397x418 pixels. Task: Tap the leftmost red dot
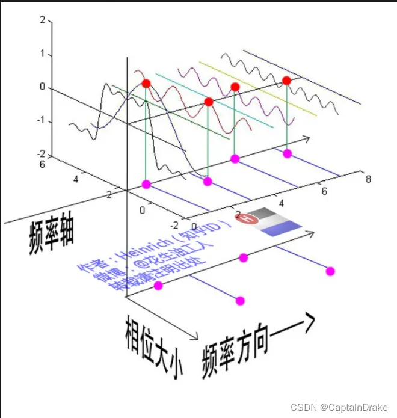pyautogui.click(x=146, y=83)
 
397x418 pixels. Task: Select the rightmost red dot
pyautogui.click(x=286, y=81)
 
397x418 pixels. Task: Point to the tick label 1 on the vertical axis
pyautogui.click(x=42, y=54)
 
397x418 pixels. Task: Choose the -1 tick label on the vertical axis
pyautogui.click(x=40, y=121)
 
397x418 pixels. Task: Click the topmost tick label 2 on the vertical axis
pyautogui.click(x=42, y=20)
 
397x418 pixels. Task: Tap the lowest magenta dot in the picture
pyautogui.click(x=240, y=301)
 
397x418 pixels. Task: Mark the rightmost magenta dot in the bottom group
pyautogui.click(x=329, y=271)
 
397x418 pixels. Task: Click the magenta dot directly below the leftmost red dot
pyautogui.click(x=146, y=183)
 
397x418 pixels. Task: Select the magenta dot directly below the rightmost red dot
pyautogui.click(x=287, y=153)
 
